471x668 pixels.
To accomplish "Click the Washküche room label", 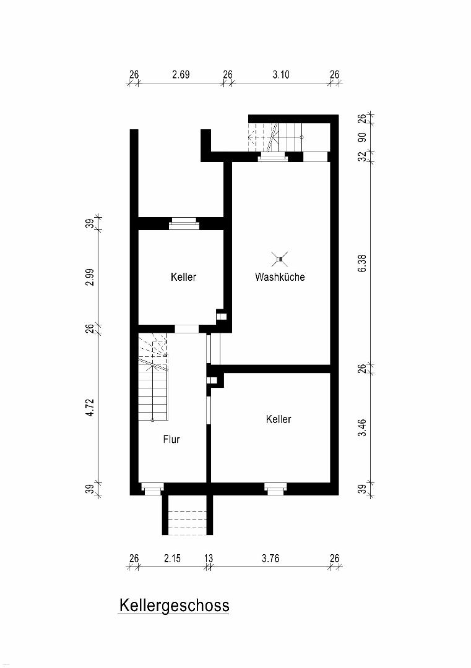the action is (280, 277).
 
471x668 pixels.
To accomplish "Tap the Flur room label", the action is (171, 439).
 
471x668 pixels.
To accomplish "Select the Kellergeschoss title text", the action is (174, 606).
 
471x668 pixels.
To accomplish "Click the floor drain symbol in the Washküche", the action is (280, 258).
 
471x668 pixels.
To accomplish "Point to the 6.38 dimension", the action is (362, 263).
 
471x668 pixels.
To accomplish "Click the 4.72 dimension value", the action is (90, 407).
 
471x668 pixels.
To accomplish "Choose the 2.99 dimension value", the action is (90, 277).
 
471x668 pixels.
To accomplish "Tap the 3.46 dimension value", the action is (362, 428).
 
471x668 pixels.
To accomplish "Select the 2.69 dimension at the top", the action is (181, 75).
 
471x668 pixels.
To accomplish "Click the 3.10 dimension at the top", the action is (281, 75).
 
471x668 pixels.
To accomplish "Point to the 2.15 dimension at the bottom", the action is (172, 559).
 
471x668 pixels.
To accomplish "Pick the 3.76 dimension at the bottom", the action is (270, 559).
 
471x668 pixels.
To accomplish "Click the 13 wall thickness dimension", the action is (209, 559).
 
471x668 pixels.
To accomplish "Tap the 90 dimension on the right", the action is (362, 137).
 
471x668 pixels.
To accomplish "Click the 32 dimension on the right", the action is (362, 156).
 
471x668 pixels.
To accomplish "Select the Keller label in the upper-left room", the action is (183, 277).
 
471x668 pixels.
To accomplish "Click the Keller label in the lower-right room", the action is (279, 419).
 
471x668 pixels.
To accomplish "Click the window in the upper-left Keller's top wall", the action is (184, 223).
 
